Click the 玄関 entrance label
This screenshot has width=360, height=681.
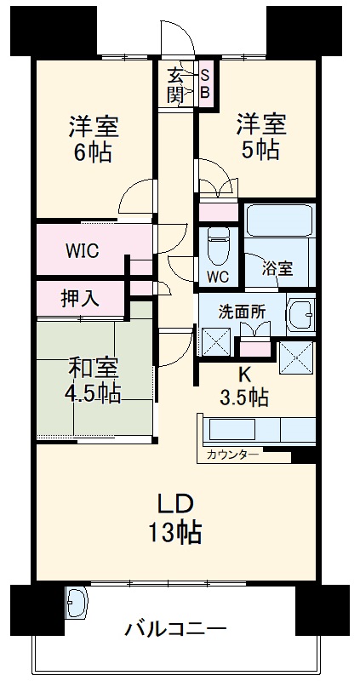coord(175,83)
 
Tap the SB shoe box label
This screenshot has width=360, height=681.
coord(204,83)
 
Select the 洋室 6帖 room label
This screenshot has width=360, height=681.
coord(93,140)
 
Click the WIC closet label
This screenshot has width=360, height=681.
coord(83,251)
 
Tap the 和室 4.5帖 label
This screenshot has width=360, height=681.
coord(93,381)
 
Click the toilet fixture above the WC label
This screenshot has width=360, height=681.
coord(219,245)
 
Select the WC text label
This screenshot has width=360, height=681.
coord(218,277)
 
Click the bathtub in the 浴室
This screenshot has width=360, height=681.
coord(279,224)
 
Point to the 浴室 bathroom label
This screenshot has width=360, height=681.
coord(277,269)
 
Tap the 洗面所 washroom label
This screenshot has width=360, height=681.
coord(241,312)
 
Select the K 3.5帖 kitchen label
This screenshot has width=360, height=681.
coord(246,385)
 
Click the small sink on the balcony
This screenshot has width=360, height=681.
coord(75,604)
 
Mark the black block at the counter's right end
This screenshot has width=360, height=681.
coord(303,456)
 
